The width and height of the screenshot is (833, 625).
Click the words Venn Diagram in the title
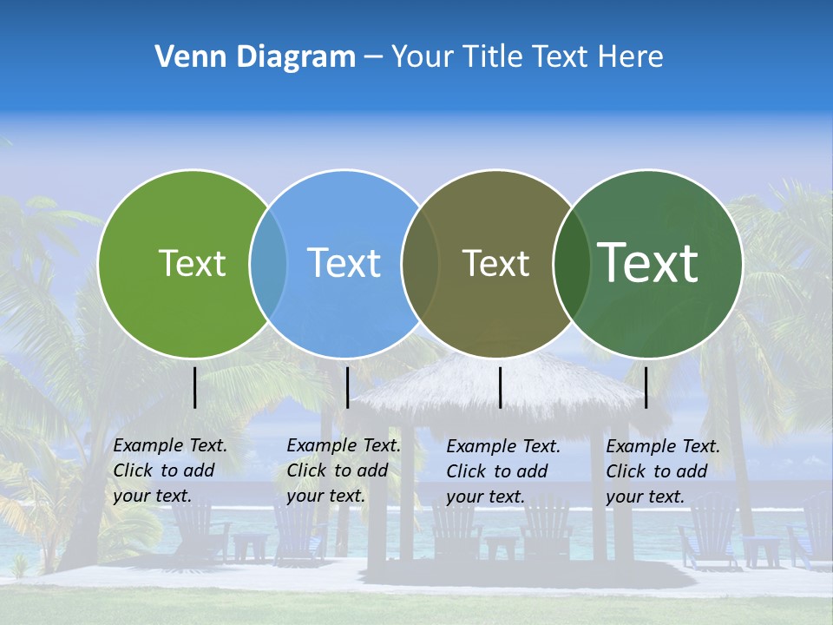coord(255,56)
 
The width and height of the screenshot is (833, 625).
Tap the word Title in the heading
coord(492,56)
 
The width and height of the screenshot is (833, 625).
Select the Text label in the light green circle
coord(192,263)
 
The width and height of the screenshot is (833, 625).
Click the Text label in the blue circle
coord(344,263)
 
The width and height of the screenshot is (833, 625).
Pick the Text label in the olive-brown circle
coord(495,263)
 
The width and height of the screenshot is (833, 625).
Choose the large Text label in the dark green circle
coord(648,262)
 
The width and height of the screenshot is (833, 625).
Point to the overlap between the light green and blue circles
coord(268,263)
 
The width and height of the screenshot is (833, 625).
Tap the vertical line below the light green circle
coord(194,387)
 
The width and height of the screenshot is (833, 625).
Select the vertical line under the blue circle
coord(347,387)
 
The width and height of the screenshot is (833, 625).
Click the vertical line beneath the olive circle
coord(500,387)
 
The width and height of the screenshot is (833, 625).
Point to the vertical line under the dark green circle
coord(646,387)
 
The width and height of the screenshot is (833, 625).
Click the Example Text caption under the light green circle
coord(169,470)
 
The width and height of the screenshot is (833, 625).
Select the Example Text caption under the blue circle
coord(343,470)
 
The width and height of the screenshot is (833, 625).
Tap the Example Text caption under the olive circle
coord(502,471)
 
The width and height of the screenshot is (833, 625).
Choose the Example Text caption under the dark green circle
coord(662,471)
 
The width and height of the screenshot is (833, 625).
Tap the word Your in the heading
coord(423,56)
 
